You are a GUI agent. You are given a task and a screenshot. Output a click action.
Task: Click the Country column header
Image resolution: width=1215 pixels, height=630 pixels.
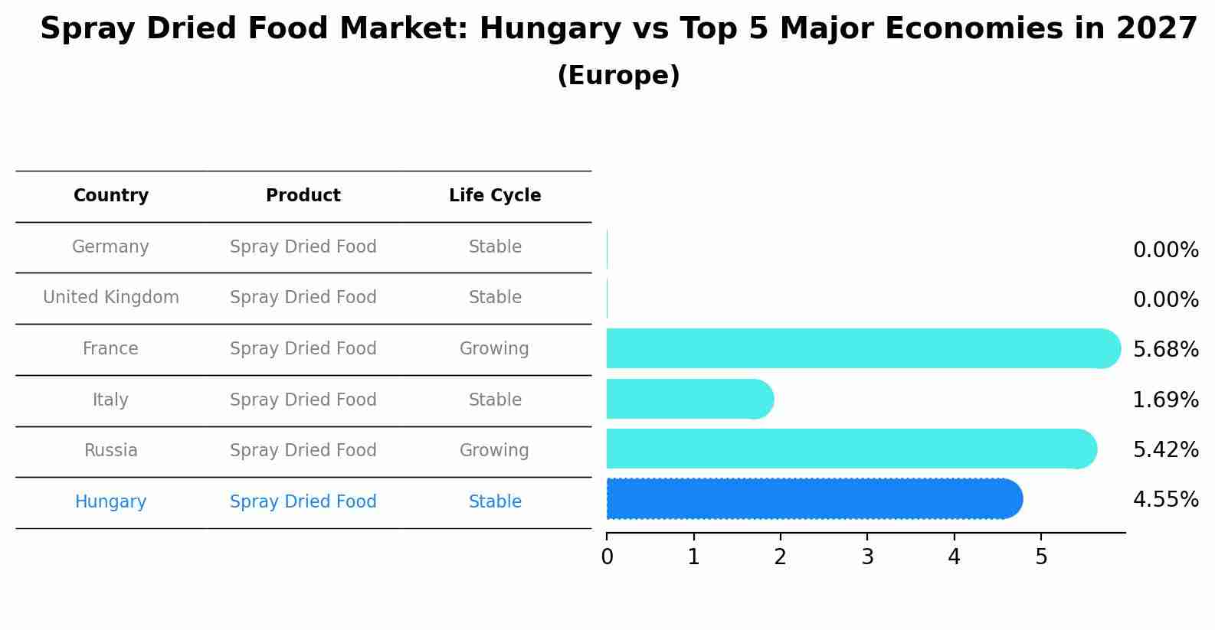(x=111, y=196)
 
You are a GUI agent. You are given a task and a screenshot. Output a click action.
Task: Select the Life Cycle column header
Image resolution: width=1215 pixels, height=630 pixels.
(x=495, y=196)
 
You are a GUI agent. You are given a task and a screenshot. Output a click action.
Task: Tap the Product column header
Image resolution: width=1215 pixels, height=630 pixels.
(x=303, y=196)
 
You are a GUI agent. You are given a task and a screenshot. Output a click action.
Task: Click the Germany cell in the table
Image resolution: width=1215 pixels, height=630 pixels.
(x=110, y=247)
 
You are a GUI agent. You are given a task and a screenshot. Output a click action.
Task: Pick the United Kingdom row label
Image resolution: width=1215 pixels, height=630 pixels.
(x=111, y=298)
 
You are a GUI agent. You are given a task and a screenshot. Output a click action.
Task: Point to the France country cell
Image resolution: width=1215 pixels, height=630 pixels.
(x=110, y=349)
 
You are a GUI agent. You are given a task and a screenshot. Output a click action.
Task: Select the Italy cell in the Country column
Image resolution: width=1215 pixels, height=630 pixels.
(x=110, y=400)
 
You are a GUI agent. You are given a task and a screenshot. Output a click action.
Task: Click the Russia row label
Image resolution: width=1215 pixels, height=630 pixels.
(x=111, y=451)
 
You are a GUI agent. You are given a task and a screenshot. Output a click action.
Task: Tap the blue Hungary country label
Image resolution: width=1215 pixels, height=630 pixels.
(x=111, y=502)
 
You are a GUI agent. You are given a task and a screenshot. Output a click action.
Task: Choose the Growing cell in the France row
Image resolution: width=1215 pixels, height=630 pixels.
(x=494, y=349)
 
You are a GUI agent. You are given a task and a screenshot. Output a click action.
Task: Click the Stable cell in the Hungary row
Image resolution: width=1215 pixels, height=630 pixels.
(x=495, y=502)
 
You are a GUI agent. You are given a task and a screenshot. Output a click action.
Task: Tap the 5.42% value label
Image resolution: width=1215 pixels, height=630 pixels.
(x=1165, y=450)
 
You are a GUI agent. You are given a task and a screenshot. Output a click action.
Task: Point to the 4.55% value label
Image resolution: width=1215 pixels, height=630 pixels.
(x=1165, y=501)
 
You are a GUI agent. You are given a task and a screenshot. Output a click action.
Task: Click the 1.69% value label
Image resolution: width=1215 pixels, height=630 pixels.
(x=1165, y=400)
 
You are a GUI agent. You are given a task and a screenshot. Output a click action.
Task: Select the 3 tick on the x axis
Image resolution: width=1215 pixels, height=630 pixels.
(x=867, y=557)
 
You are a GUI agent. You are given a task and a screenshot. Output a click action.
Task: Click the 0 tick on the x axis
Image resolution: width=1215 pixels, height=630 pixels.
(x=607, y=557)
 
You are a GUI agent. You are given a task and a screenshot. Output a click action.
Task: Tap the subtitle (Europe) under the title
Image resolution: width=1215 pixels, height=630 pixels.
(x=618, y=76)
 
